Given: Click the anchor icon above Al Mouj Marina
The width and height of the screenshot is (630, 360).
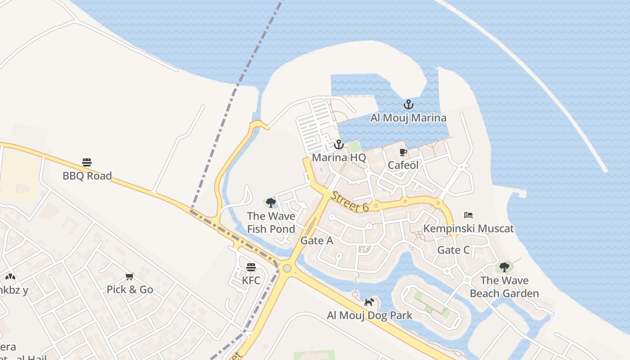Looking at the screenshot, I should click(408, 105).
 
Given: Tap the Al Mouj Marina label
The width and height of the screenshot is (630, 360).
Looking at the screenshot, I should click(408, 118).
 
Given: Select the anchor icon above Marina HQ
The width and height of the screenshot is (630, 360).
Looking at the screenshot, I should click(338, 144).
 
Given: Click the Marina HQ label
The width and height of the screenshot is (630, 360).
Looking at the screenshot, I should click(339, 157).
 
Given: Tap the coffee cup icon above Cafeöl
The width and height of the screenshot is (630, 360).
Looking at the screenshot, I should click(403, 152).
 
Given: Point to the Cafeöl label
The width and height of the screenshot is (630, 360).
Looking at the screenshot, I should click(403, 165).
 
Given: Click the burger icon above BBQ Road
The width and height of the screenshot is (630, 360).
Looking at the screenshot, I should click(87, 162).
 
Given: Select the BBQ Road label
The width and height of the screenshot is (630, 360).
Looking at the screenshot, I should click(87, 175).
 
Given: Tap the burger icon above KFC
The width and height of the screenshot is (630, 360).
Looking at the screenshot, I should click(251, 267).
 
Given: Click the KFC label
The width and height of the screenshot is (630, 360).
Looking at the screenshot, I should click(251, 280).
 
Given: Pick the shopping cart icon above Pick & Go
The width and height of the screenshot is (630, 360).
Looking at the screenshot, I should click(130, 276).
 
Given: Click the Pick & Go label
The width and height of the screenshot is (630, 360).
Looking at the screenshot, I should click(130, 289).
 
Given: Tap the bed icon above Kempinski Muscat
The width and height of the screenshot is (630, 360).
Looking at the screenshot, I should click(468, 215).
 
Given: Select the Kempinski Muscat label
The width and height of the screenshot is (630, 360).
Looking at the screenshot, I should click(468, 228).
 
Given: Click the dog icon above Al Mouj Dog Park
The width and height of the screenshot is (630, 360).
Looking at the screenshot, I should click(369, 302).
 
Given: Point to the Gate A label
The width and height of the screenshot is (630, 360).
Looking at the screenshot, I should click(317, 240).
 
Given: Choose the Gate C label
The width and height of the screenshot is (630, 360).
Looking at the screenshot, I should click(453, 250).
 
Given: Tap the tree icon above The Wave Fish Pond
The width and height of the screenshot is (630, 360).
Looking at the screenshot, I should click(271, 202).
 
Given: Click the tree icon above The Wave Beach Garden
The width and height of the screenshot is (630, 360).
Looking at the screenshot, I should click(504, 267).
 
